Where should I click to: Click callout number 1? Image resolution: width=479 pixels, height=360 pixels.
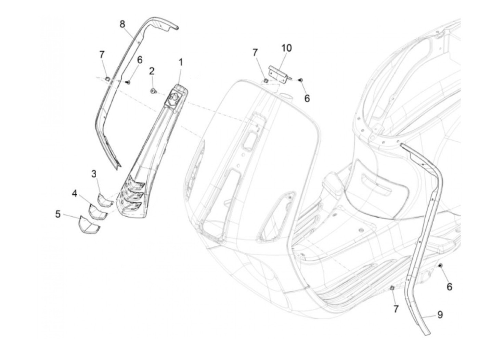[x=180, y=62]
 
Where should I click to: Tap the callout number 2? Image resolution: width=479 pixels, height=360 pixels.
[x=152, y=71]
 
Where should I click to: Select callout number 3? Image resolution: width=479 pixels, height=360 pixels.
[x=94, y=174]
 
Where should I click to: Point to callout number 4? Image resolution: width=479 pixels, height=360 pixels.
[x=75, y=193]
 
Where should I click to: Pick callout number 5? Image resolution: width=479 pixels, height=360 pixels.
[x=58, y=214]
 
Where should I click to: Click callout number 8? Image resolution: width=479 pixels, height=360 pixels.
[x=122, y=24]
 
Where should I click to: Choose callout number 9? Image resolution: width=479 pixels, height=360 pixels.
[x=440, y=314]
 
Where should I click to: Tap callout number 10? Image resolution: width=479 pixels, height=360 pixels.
[x=286, y=48]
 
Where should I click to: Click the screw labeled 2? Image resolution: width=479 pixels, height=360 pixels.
[x=153, y=91]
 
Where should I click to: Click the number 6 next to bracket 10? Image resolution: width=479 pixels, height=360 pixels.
[x=307, y=99]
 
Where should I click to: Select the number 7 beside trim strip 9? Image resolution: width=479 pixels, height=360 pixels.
[x=396, y=309]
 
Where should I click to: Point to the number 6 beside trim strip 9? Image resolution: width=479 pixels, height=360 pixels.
[x=449, y=287]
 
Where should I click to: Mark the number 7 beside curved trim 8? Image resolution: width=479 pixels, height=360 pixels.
[x=102, y=54]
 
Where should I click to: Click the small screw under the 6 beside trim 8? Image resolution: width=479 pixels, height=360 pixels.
[x=129, y=82]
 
